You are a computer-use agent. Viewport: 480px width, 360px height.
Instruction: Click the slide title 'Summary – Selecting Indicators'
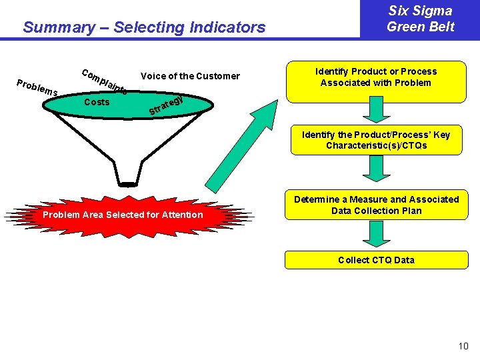[143, 27]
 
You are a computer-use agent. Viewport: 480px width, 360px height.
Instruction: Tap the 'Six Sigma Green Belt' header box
[420, 19]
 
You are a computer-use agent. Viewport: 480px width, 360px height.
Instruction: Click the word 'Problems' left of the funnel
[37, 87]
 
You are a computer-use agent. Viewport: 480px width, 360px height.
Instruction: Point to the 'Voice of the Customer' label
[190, 75]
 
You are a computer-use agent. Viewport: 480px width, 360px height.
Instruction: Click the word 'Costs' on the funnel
[97, 102]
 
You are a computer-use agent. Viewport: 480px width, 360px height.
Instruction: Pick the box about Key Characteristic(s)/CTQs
[376, 140]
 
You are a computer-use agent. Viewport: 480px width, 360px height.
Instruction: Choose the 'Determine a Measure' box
[376, 205]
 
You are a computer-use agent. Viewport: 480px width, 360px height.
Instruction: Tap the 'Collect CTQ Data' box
[376, 260]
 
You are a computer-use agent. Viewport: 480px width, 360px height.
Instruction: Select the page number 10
[463, 346]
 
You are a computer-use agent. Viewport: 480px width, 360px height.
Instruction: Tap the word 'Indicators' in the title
[227, 27]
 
